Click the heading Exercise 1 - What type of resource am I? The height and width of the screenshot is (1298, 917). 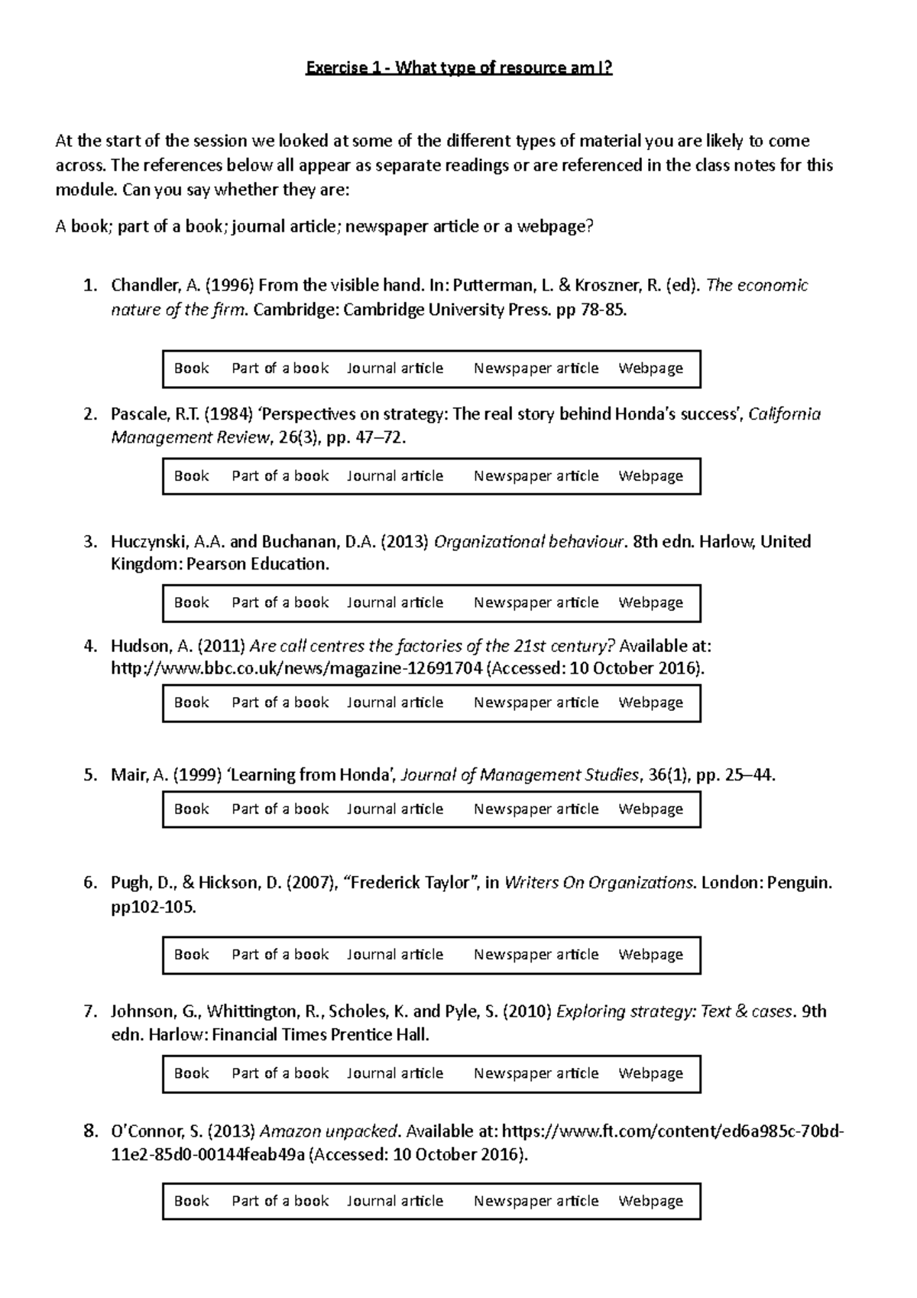[458, 68]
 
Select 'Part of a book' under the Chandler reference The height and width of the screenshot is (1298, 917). [280, 368]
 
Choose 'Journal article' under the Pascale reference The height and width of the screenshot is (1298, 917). [395, 476]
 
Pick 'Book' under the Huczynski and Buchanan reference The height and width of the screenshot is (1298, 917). [191, 602]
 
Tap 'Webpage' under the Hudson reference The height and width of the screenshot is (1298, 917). [650, 703]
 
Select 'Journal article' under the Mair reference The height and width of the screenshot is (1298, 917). [395, 809]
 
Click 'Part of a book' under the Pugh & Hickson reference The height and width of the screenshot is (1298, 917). [280, 954]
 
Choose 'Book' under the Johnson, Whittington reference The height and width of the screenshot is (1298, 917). [191, 1073]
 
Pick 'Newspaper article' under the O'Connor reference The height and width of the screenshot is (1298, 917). [536, 1201]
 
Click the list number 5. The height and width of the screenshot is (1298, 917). [91, 775]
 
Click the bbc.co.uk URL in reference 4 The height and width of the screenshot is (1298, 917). [296, 669]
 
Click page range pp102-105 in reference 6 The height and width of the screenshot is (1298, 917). [154, 907]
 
